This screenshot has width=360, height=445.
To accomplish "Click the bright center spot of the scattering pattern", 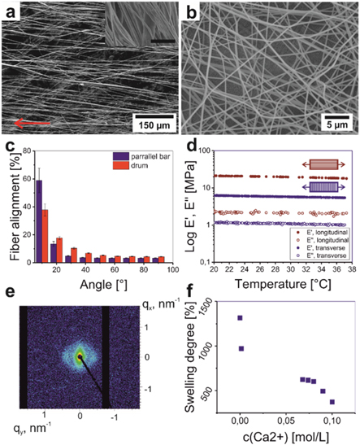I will click(79, 356).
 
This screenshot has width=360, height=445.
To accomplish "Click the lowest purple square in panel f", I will click(332, 401).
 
